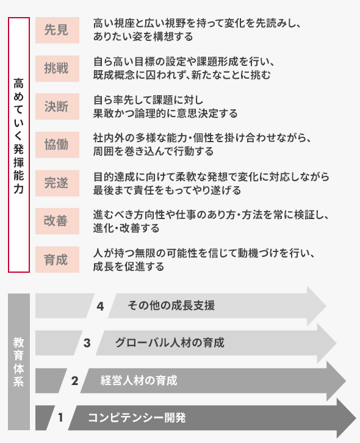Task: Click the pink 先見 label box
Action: (x=57, y=31)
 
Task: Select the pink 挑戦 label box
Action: (x=57, y=69)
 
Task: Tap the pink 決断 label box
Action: (x=57, y=107)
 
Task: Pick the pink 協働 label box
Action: (x=57, y=145)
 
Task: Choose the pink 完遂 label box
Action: (x=57, y=183)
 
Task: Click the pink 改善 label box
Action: (x=57, y=221)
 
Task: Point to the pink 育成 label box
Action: (x=57, y=259)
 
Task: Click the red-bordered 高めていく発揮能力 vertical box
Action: (x=9, y=145)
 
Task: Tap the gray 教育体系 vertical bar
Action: (x=19, y=362)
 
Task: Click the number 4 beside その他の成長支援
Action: (x=100, y=306)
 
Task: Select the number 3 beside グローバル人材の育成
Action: (x=87, y=344)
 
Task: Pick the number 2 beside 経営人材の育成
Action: (x=74, y=381)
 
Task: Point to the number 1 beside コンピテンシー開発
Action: (x=60, y=417)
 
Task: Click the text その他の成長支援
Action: (x=171, y=306)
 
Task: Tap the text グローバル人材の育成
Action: (x=170, y=343)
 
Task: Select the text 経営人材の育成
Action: (x=139, y=381)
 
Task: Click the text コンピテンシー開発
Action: (x=137, y=417)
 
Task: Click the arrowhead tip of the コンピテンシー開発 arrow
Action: (x=356, y=418)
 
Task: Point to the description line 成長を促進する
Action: (x=129, y=267)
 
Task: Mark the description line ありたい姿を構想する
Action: (x=143, y=37)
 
